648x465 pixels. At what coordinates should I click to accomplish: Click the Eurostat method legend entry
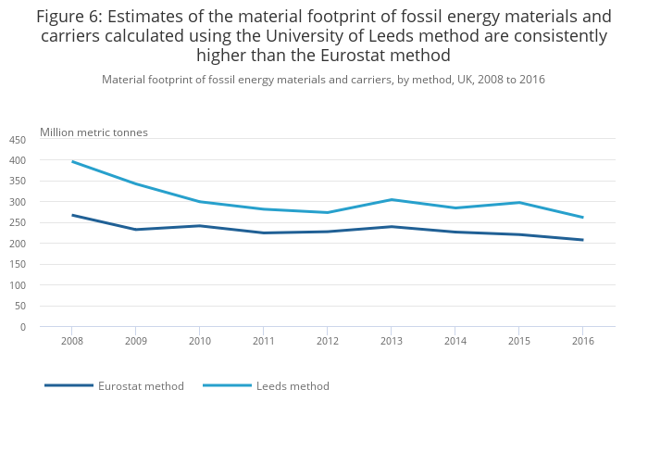(x=141, y=386)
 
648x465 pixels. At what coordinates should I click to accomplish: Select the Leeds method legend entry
(x=293, y=386)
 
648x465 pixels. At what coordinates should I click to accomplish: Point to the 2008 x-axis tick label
(x=72, y=341)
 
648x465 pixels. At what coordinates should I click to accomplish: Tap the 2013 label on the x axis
(x=391, y=341)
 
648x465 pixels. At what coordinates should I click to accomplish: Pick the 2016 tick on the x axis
(x=582, y=341)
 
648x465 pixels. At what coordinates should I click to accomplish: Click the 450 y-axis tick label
(x=18, y=140)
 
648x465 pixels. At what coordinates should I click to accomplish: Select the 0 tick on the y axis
(x=23, y=327)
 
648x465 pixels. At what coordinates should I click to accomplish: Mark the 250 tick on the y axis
(x=18, y=223)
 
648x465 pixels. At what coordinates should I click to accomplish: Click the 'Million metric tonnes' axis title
(x=93, y=132)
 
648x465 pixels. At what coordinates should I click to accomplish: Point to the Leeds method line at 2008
(x=72, y=162)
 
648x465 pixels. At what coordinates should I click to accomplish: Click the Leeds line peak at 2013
(x=391, y=199)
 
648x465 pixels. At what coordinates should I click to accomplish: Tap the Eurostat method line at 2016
(x=582, y=240)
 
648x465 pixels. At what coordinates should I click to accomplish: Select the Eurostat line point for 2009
(x=136, y=230)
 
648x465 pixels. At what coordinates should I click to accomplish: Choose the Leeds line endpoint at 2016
(x=582, y=218)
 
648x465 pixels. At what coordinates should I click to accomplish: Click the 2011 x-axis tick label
(x=263, y=341)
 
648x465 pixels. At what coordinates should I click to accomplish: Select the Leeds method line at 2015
(x=518, y=202)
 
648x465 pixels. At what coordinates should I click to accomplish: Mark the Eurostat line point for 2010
(x=200, y=225)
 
